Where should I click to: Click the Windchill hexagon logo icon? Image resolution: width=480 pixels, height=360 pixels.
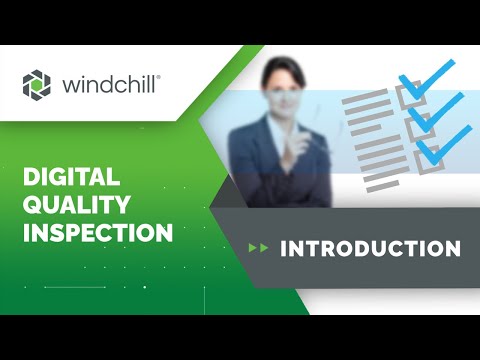(x=37, y=84)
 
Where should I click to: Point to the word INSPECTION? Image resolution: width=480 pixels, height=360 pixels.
(x=97, y=234)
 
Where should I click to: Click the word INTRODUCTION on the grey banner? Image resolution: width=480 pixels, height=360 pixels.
(x=370, y=248)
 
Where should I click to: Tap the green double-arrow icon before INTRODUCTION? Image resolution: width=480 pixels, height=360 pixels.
(x=258, y=248)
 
